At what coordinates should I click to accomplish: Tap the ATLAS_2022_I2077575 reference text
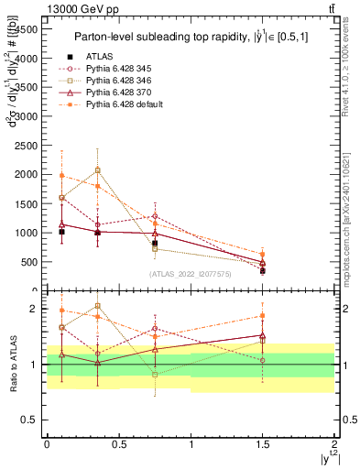tap(191, 273)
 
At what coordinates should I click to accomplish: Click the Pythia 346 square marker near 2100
tap(98, 169)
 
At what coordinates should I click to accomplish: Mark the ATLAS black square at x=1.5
tap(263, 271)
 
